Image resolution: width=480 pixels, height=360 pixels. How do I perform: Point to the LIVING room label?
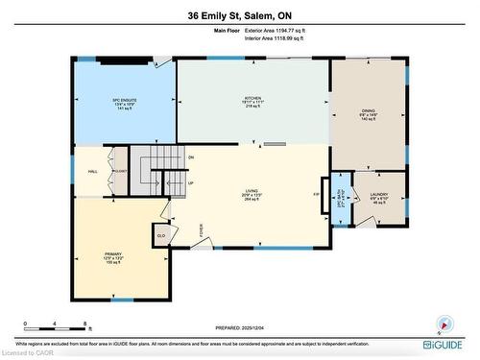tap(253, 192)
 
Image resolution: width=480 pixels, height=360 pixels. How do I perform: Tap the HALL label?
tap(93, 171)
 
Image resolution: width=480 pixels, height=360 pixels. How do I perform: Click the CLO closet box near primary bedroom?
tap(161, 234)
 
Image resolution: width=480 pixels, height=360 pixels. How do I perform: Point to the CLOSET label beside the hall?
tap(121, 171)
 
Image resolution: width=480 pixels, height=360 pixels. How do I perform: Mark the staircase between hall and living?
tap(154, 169)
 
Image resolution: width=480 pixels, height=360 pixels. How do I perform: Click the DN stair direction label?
tap(192, 156)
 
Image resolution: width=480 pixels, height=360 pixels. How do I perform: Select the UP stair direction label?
tap(191, 183)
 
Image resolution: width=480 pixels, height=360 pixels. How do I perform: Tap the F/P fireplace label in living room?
tap(316, 195)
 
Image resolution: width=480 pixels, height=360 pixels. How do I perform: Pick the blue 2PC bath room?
tap(341, 198)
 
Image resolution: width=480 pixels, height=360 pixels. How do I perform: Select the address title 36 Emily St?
tap(240, 15)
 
